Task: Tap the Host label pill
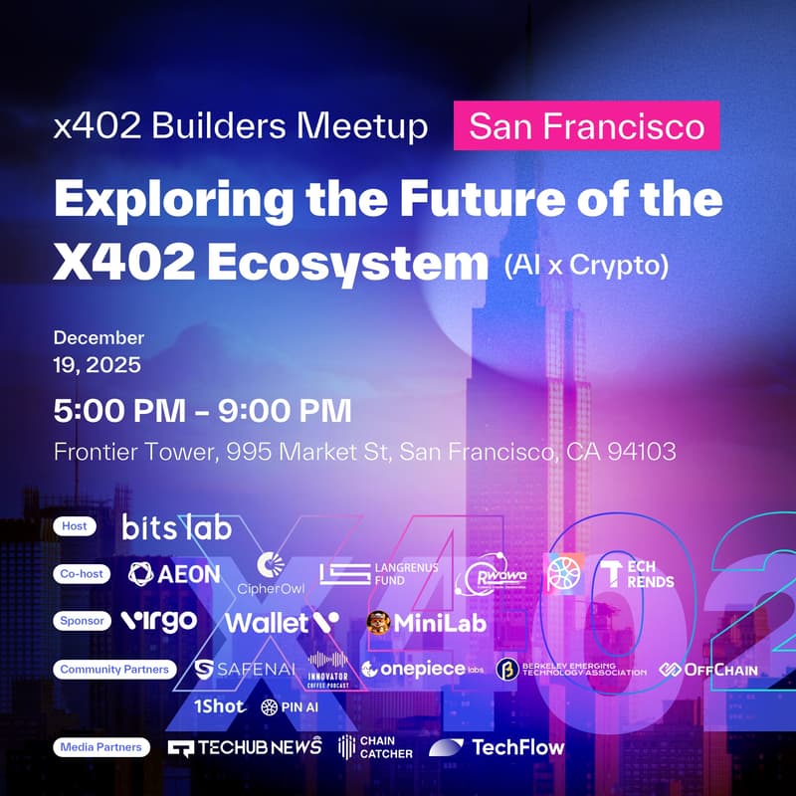[x=75, y=526]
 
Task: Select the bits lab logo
[x=176, y=526]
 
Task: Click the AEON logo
[x=175, y=573]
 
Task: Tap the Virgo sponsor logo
[x=158, y=621]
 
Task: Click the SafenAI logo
[x=245, y=669]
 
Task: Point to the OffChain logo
[x=708, y=669]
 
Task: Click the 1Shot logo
[x=219, y=706]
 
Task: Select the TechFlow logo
[x=497, y=747]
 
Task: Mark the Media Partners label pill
[x=99, y=747]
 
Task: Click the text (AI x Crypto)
[x=584, y=266]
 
